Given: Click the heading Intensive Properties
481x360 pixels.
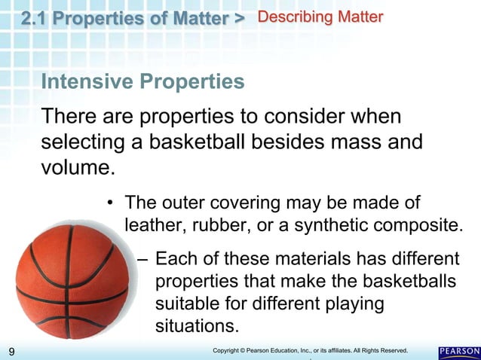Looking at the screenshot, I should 142,82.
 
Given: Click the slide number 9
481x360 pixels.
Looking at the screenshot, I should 11,352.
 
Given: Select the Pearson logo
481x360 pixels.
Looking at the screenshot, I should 458,352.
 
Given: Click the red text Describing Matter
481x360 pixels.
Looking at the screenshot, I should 320,17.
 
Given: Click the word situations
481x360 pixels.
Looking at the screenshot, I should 195,327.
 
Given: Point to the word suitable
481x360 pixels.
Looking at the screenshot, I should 184,304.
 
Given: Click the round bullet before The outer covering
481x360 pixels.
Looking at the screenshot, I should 110,203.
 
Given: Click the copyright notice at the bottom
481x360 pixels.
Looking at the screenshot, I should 310,351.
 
